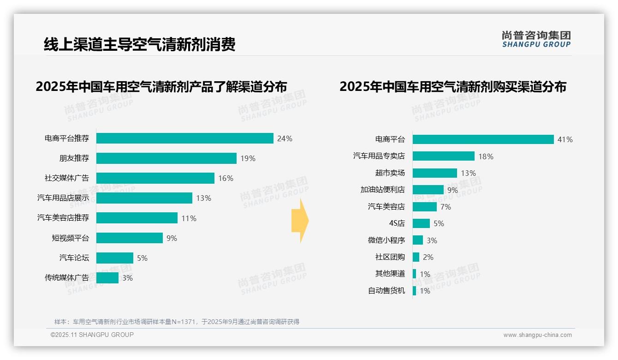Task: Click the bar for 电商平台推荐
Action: pos(184,138)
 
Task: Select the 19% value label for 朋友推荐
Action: pos(248,158)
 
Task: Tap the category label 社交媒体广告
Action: pos(67,178)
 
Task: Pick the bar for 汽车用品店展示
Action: pos(144,198)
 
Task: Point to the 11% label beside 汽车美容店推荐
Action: pos(189,218)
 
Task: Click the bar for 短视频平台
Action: pos(129,238)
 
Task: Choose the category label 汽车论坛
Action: pos(74,258)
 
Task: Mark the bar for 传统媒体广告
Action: pos(107,278)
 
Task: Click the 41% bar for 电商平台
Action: pos(483,139)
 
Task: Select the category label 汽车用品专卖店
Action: pos(379,156)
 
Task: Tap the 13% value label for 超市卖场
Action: pos(468,173)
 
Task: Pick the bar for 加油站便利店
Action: pos(428,190)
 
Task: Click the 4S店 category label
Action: pos(397,223)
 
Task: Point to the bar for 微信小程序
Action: pos(417,240)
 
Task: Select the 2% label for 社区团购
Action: pos(428,257)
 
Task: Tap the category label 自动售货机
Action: pos(386,291)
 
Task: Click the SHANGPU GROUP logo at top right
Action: pos(536,39)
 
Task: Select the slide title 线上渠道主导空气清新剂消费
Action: pos(139,44)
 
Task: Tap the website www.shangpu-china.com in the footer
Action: pos(537,335)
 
